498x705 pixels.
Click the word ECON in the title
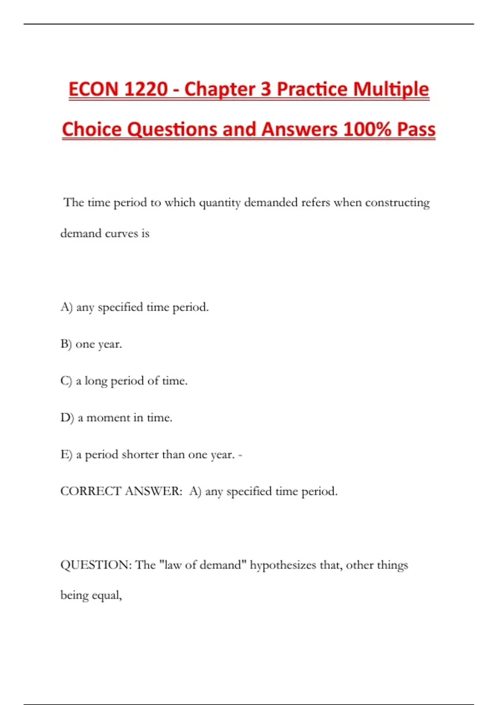click(94, 90)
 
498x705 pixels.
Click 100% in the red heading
click(367, 129)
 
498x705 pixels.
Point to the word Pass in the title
click(416, 129)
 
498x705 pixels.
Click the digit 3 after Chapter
click(266, 90)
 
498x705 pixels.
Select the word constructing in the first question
click(397, 203)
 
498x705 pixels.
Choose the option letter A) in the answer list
click(66, 307)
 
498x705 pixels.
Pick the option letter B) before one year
click(66, 344)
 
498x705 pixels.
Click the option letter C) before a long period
click(66, 381)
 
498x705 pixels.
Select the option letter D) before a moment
click(67, 418)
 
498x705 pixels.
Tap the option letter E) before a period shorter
click(66, 455)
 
